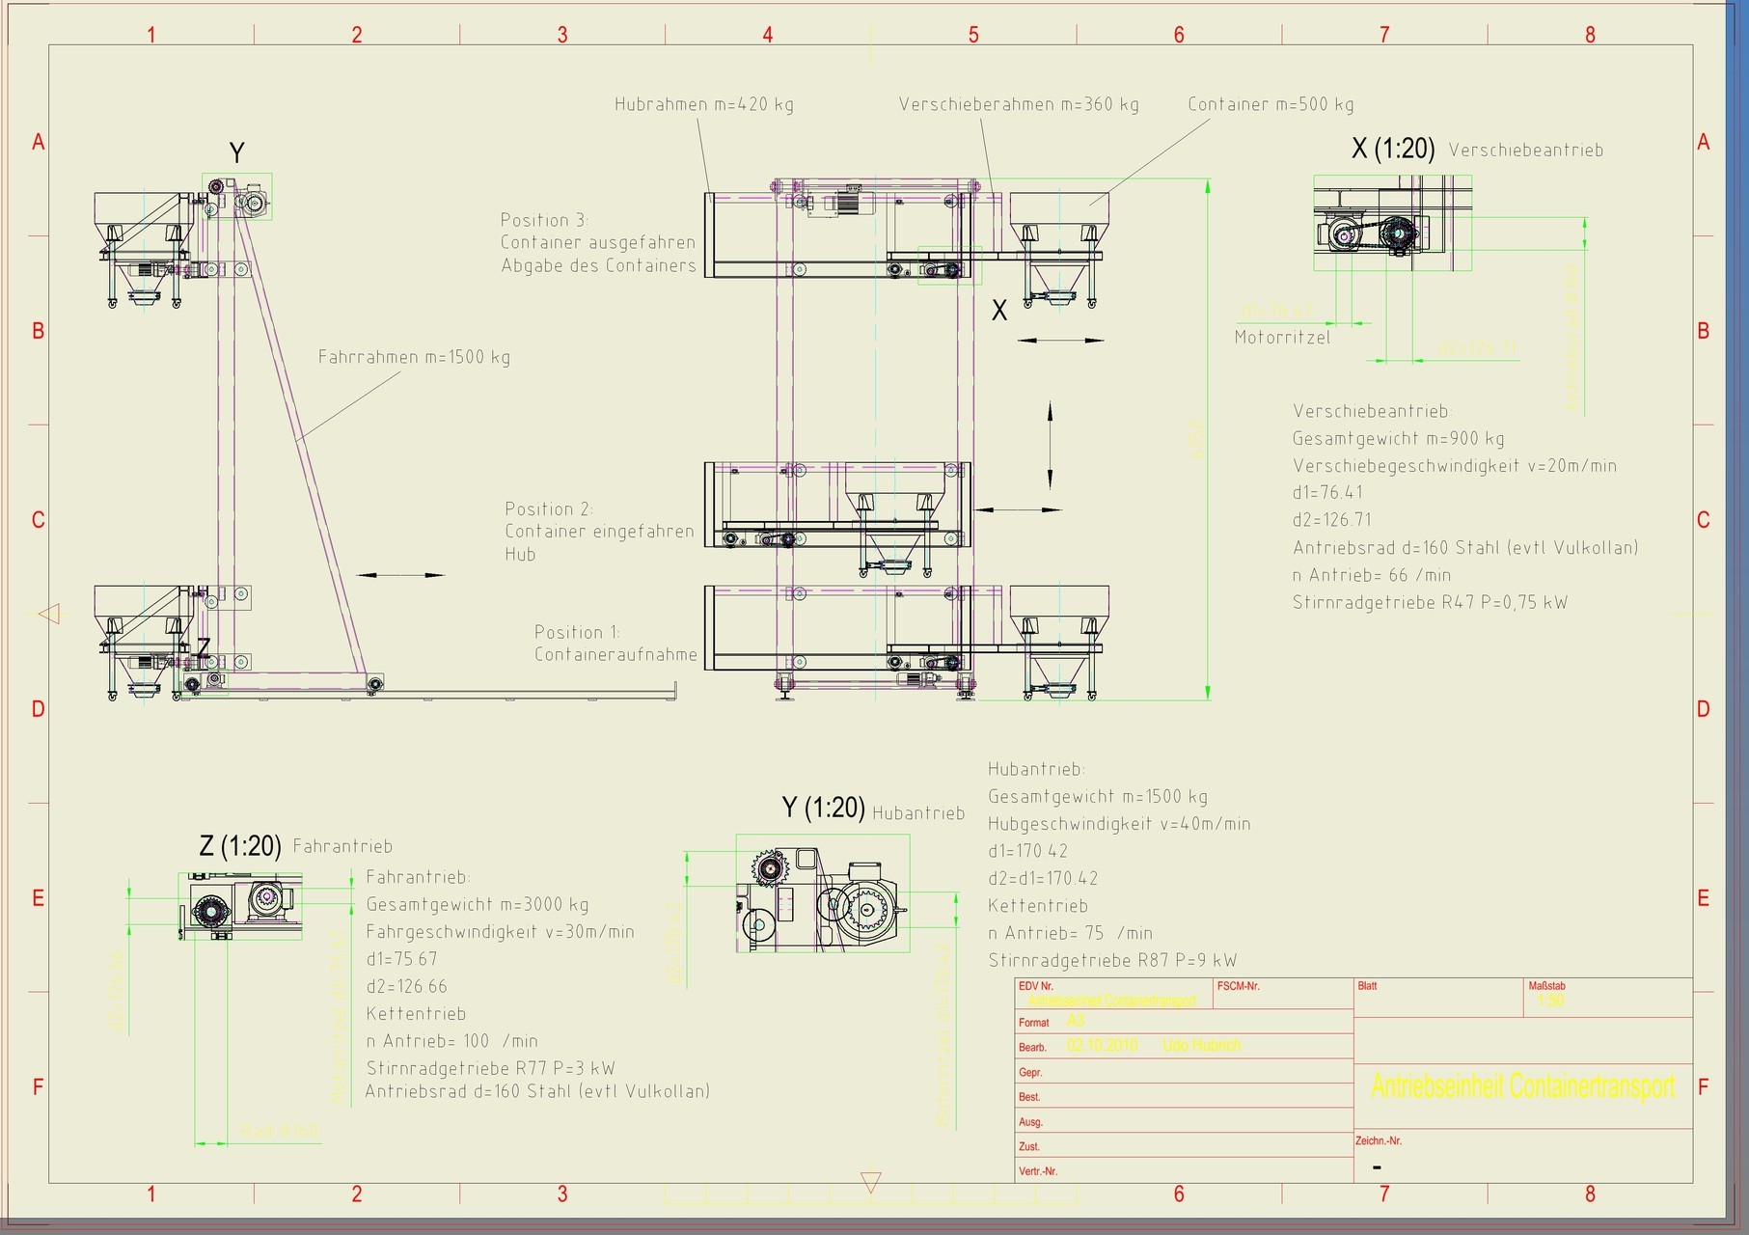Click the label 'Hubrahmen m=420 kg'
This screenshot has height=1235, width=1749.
704,104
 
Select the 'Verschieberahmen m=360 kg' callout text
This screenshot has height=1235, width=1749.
1018,104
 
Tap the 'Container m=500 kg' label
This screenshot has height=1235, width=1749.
1271,104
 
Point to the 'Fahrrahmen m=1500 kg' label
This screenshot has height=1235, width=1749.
414,357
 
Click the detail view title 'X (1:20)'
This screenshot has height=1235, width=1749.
1392,149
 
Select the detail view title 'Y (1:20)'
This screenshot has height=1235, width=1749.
822,808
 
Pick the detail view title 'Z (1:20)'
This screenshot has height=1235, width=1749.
239,846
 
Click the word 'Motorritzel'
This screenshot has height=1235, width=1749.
1282,338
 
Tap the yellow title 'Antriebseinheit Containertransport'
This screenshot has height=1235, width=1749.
1522,1086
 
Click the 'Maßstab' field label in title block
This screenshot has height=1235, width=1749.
1546,986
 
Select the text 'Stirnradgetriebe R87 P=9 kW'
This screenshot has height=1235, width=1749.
1112,960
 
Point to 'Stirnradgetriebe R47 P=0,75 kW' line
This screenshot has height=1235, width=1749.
1430,602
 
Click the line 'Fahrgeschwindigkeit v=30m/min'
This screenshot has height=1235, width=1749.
500,932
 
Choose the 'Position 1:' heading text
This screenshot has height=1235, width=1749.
577,632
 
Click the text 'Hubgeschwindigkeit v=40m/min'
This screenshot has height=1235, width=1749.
1119,824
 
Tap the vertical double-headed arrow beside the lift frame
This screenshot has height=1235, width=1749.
1051,446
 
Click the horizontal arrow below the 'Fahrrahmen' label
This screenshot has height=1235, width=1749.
400,575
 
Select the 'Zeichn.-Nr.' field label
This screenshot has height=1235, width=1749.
1378,1140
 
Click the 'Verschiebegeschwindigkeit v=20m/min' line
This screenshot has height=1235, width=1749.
1454,466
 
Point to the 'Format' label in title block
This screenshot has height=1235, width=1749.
1033,1023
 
